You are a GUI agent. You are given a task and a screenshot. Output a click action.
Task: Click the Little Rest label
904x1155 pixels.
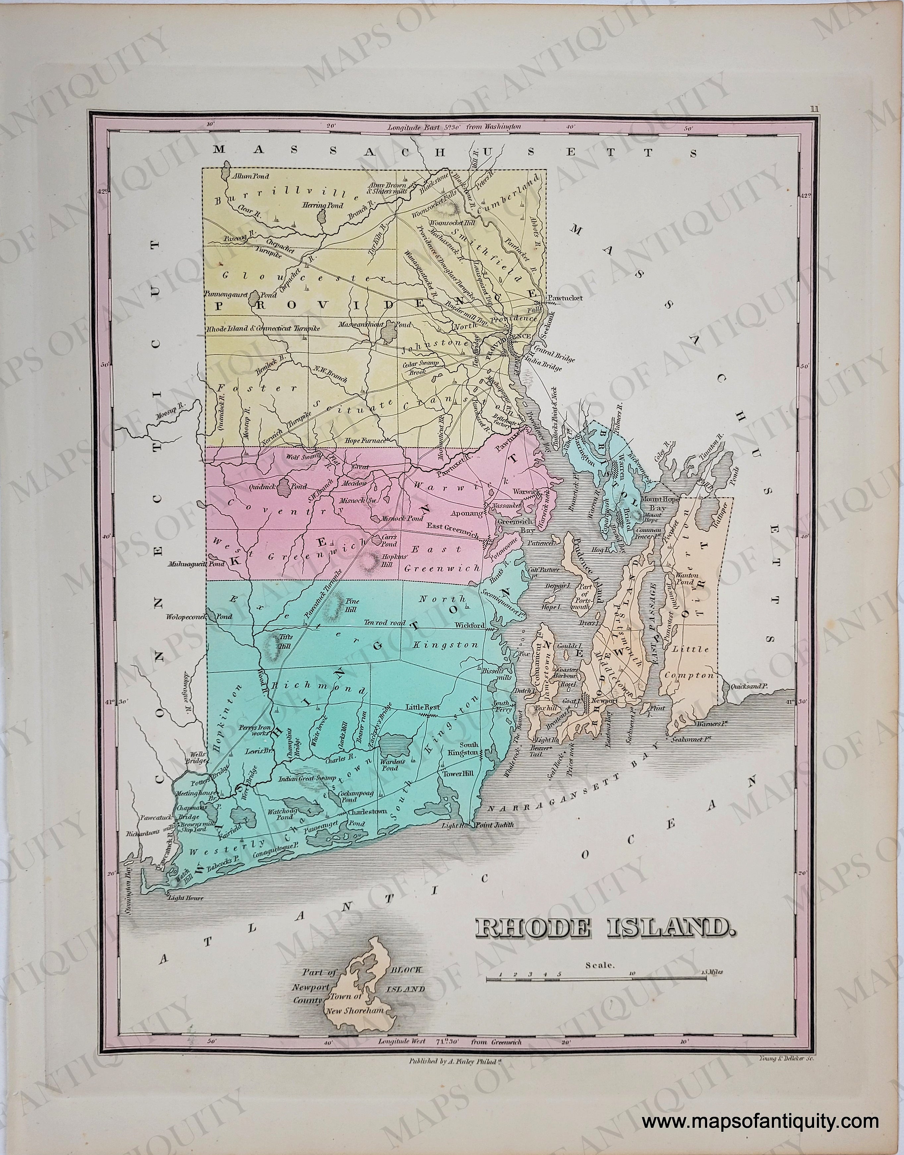click(x=420, y=706)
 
